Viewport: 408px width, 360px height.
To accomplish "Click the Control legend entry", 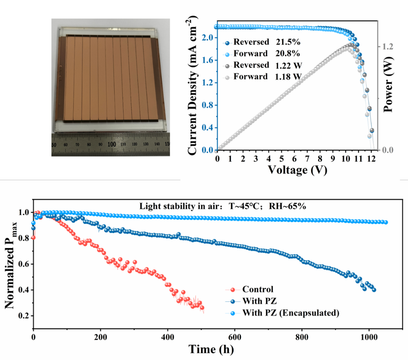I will [x=257, y=290].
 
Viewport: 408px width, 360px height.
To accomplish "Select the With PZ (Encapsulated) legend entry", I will [x=290, y=313].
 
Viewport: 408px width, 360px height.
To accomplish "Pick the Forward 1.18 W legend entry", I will [x=267, y=77].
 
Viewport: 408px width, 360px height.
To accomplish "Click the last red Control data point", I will [x=202, y=308].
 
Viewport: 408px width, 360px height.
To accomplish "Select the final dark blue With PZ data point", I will [x=374, y=290].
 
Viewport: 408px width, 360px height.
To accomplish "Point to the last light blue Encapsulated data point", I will [x=386, y=222].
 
